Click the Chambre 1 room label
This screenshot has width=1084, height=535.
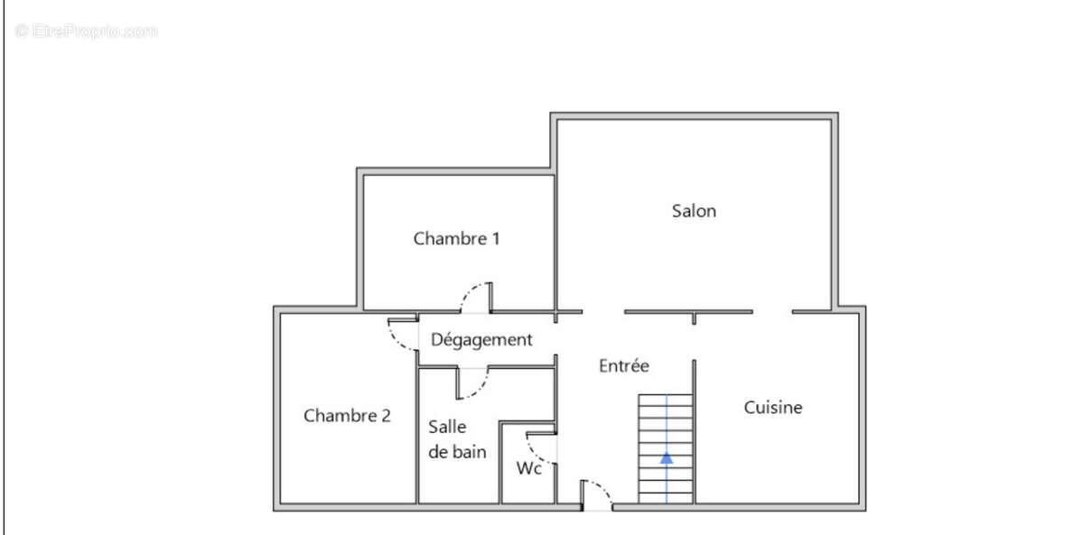pyautogui.click(x=456, y=239)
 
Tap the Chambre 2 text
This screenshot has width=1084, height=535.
pyautogui.click(x=347, y=416)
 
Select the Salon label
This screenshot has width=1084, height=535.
pyautogui.click(x=694, y=211)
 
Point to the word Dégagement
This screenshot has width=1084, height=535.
pyautogui.click(x=481, y=340)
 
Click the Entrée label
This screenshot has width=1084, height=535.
pyautogui.click(x=624, y=366)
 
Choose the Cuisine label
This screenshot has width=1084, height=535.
pyautogui.click(x=772, y=408)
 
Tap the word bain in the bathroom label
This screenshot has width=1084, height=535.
pyautogui.click(x=469, y=452)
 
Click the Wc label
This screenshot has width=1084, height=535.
pyautogui.click(x=528, y=469)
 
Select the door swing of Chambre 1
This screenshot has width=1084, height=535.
pyautogui.click(x=474, y=298)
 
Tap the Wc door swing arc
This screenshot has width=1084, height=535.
pyautogui.click(x=540, y=447)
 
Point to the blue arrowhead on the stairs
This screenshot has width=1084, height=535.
pyautogui.click(x=667, y=457)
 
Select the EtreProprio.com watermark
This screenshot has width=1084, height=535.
pyautogui.click(x=87, y=32)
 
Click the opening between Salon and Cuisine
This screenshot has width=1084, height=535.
pyautogui.click(x=772, y=312)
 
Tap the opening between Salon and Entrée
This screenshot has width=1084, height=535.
pyautogui.click(x=603, y=312)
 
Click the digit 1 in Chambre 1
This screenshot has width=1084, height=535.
pyautogui.click(x=495, y=239)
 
